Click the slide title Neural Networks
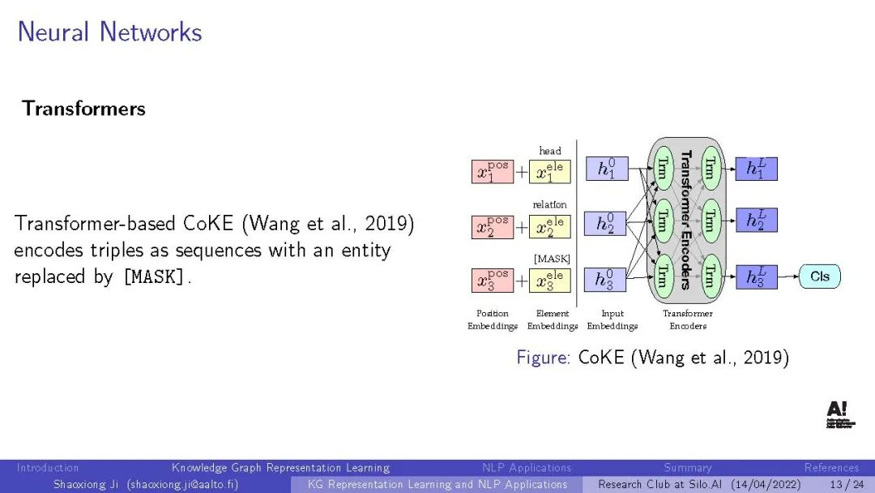pos(109,32)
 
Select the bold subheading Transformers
pos(83,109)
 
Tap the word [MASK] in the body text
pos(154,277)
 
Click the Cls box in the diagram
pos(819,277)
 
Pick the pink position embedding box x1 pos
pos(493,172)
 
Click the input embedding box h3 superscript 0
pos(606,280)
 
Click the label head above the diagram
pos(550,151)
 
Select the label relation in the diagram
pos(550,205)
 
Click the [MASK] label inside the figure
pos(552,259)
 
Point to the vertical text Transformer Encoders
pos(685,220)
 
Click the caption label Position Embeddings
pos(493,319)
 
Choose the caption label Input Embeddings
pos(612,319)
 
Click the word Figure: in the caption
pos(544,358)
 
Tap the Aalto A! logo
pos(837,414)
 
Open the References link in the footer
pos(831,468)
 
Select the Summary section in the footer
pos(688,468)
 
